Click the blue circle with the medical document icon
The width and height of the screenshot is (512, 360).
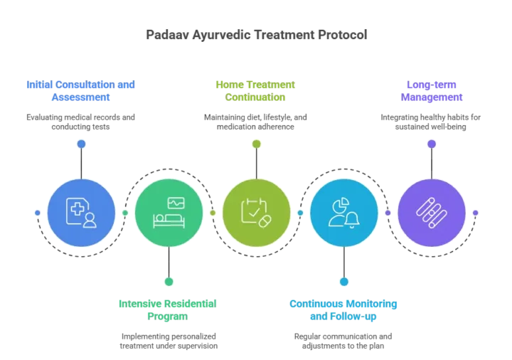point(81,212)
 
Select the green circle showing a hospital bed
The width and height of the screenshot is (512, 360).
point(169,212)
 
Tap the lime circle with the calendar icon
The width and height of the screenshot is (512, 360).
point(256,212)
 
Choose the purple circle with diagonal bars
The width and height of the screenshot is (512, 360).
point(432,212)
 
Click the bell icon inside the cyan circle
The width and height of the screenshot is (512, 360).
point(352,219)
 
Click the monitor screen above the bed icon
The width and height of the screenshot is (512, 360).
point(175,203)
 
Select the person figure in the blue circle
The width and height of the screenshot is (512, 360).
point(90,221)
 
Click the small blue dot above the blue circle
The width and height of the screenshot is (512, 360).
point(81,144)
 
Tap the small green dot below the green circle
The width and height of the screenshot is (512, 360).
point(169,281)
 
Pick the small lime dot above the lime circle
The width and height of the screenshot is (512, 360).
point(256,144)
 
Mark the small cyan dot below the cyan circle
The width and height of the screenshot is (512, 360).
point(344,281)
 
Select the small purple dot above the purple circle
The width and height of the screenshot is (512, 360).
point(432,144)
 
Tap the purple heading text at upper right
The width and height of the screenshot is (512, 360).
point(431,90)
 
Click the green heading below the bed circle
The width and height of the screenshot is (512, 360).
point(168,311)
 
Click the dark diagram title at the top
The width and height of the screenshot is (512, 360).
point(256,34)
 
